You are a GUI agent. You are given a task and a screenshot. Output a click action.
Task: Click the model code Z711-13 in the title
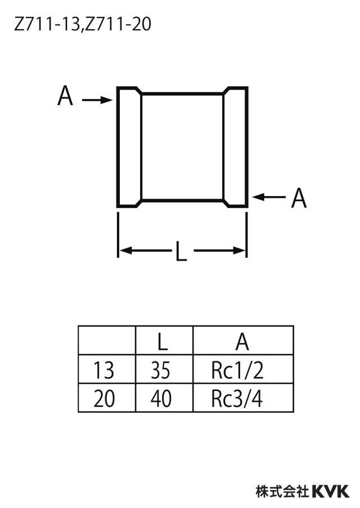point(46,25)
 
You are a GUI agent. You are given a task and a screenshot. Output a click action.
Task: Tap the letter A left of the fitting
point(65,96)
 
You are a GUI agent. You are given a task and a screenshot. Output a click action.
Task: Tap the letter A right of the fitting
point(299,198)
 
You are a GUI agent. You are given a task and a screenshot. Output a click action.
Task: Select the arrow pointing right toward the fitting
point(97,100)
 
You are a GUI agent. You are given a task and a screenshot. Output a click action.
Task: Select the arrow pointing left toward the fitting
point(269,197)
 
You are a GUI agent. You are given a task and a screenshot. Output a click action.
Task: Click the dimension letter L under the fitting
point(181,251)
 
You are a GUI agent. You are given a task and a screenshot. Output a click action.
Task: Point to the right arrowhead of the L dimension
point(240,251)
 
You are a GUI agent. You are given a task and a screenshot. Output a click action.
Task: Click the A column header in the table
point(243,341)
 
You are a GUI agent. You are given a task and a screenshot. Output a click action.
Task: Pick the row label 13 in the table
point(104,370)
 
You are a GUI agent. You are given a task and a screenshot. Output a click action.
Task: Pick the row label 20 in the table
point(104,398)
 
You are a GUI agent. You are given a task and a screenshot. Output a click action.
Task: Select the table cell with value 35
point(164,369)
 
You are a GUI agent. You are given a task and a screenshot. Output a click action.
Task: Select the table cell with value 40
point(164,398)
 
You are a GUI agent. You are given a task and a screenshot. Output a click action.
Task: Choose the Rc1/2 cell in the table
point(243,369)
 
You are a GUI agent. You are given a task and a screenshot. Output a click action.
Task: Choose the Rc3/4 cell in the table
point(243,398)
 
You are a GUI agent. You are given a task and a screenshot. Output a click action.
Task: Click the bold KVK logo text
point(331,491)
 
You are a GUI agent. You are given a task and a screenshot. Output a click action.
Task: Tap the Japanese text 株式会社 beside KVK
point(282,491)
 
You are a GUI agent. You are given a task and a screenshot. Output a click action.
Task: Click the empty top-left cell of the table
point(107,341)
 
